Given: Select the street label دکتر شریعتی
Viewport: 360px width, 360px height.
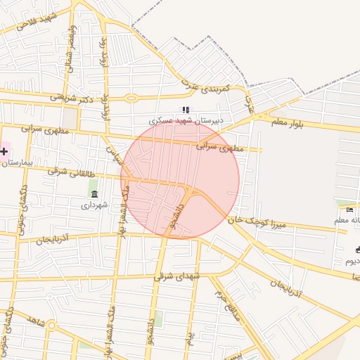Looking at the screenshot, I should tap(72, 98).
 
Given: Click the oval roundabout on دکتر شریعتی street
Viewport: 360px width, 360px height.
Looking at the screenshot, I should tap(131, 98).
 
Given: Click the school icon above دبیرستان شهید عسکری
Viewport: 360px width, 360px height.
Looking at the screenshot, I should tap(186, 109).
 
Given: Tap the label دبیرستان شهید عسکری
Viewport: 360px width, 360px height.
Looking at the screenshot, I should tap(191, 120).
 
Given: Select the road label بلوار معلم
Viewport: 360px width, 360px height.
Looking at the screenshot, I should tap(288, 124).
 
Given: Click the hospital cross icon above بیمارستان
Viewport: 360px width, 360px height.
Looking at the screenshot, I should tap(4, 150).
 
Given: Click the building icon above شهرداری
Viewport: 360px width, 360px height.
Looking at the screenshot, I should tap(94, 193).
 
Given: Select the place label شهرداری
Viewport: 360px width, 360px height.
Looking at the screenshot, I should tap(94, 205).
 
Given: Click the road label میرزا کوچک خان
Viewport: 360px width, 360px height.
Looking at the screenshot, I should tap(262, 221).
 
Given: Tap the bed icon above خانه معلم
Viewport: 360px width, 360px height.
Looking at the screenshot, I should tap(349, 210).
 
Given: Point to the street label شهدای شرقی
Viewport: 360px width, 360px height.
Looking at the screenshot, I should tap(177, 276).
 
